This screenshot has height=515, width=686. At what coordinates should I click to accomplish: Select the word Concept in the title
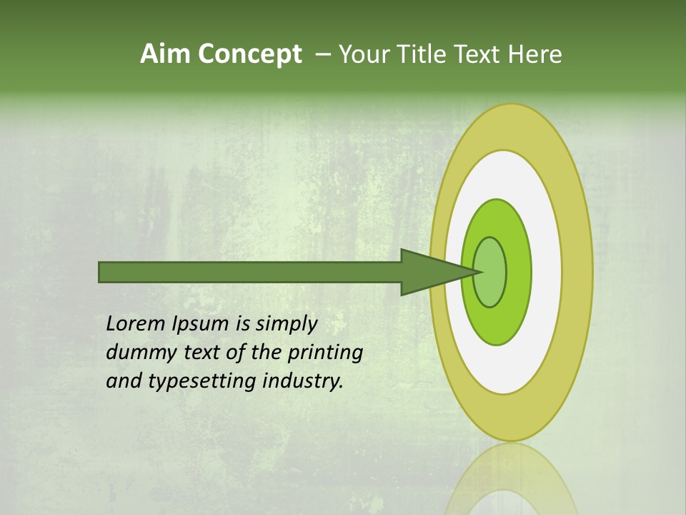click(249, 54)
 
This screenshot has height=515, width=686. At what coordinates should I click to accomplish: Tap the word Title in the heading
click(423, 54)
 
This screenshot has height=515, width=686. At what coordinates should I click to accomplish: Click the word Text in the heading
click(480, 54)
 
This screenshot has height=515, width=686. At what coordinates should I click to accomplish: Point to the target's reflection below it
click(510, 479)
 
